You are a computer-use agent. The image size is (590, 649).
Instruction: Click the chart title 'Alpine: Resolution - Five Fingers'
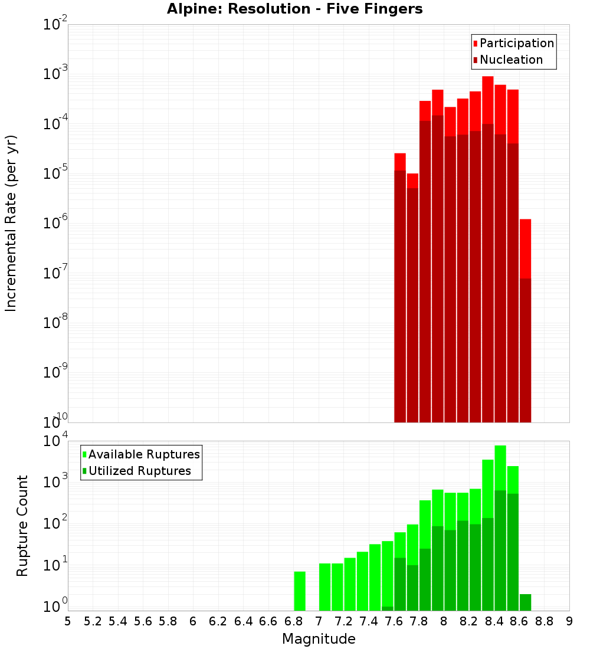click(294, 9)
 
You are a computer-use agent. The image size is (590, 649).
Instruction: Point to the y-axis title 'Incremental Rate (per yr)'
click(12, 223)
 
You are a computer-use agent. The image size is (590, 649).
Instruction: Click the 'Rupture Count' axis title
click(22, 526)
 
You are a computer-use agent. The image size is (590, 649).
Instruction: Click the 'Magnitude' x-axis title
click(319, 639)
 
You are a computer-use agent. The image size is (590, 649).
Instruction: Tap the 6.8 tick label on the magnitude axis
click(293, 621)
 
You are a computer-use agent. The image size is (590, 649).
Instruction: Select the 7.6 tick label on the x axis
click(394, 621)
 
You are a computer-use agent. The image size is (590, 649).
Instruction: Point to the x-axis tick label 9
click(569, 621)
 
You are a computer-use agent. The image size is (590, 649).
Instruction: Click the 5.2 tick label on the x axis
click(93, 621)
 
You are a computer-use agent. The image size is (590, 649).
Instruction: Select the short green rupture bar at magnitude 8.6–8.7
click(525, 602)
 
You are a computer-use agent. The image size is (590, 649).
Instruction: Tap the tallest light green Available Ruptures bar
click(500, 466)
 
